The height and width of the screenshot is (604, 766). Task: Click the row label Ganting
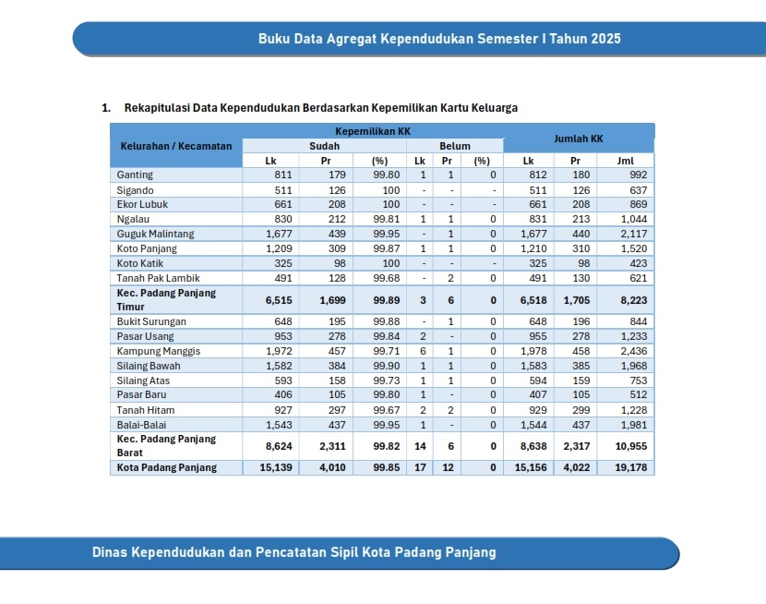tap(135, 175)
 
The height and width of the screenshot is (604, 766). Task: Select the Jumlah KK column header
tap(578, 139)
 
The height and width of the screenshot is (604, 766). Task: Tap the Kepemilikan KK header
tap(372, 131)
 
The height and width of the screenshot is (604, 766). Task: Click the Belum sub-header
tap(455, 146)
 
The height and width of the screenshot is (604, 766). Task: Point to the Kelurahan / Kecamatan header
tap(176, 146)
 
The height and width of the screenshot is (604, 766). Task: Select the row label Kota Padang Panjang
tap(167, 467)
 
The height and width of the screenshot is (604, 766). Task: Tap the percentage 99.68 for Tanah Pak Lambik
tap(386, 278)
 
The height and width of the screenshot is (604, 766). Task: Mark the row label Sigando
tap(136, 189)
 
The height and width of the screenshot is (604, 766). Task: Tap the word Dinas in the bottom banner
tap(110, 552)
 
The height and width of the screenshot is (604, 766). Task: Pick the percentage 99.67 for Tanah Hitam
tap(386, 409)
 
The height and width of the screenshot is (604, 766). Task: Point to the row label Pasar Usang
tap(145, 336)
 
